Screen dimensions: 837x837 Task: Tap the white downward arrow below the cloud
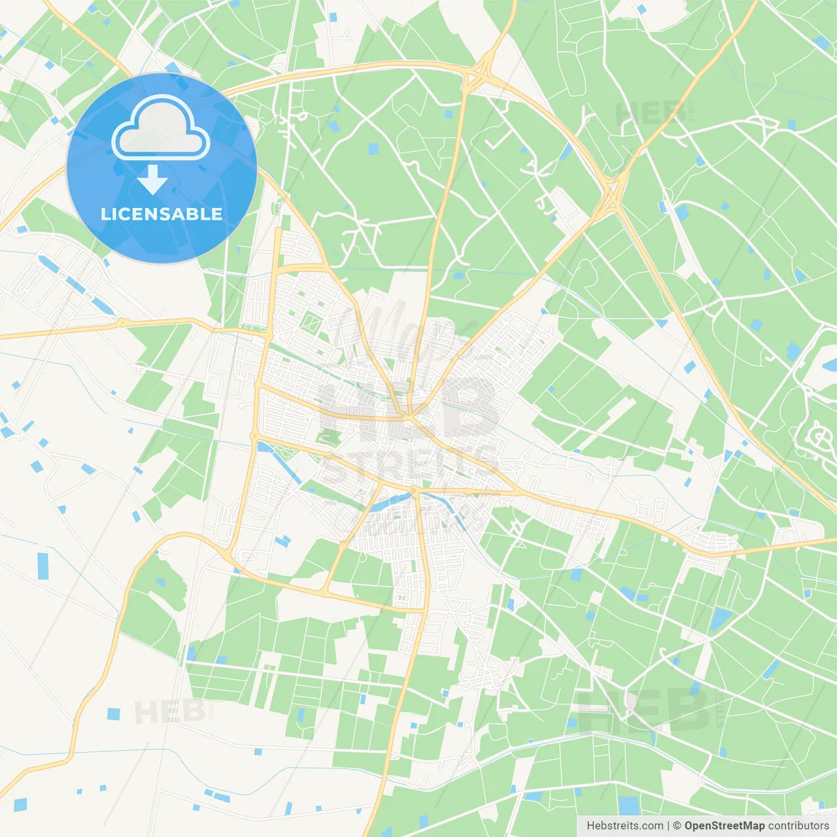tap(152, 180)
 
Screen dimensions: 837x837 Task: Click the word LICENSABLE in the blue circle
tap(162, 214)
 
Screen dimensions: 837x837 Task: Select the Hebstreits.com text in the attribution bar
tap(624, 826)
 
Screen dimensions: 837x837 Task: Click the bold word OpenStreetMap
tap(725, 826)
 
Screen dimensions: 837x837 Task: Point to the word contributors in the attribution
tap(798, 826)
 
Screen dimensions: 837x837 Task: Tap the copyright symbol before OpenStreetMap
tap(677, 826)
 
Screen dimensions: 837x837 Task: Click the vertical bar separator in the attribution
tap(668, 826)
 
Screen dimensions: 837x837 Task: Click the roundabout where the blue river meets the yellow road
tap(414, 490)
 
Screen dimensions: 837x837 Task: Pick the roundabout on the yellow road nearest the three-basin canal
tap(122, 322)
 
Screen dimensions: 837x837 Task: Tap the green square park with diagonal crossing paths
tap(310, 322)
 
